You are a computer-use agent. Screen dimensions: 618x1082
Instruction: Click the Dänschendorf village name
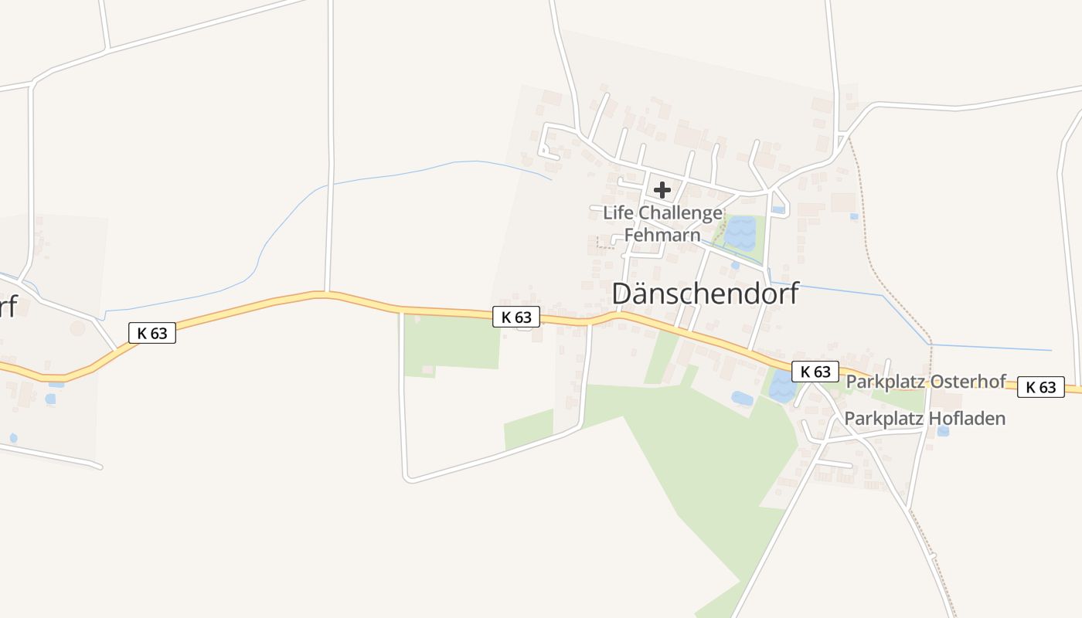point(705,294)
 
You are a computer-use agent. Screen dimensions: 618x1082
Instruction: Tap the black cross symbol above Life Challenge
point(662,190)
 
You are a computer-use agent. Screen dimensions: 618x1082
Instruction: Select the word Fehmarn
point(662,235)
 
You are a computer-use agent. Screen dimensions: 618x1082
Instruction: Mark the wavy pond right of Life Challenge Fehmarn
point(740,233)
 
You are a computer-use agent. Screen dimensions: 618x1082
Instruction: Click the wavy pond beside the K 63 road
point(781,387)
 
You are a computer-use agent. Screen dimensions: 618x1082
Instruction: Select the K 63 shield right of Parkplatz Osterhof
point(1040,387)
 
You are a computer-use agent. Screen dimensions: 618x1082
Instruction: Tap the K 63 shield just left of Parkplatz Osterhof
point(815,372)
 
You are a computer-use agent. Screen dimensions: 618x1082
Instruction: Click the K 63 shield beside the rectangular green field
point(516,317)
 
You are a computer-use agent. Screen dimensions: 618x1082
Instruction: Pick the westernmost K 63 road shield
point(152,333)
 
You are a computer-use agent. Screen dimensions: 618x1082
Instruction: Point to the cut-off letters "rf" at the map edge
point(8,306)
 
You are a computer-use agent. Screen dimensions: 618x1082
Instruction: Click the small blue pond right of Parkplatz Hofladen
point(942,431)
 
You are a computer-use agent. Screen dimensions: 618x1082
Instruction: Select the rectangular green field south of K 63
point(452,341)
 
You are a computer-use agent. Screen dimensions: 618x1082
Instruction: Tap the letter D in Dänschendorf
point(623,294)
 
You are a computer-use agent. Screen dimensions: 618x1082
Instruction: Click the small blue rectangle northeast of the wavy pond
point(778,209)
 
